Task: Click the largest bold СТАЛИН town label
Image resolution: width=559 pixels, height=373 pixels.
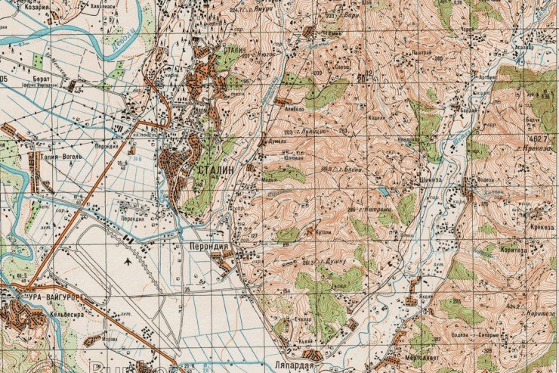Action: point(216,170)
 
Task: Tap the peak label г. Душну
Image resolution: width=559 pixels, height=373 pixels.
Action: point(333,260)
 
